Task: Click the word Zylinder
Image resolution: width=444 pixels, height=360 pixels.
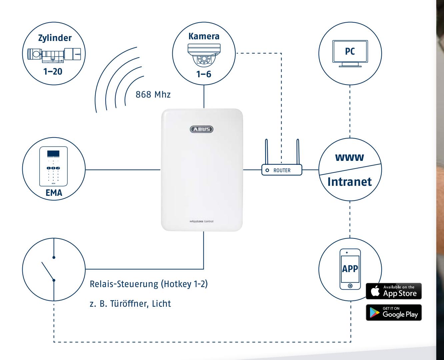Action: click(x=55, y=38)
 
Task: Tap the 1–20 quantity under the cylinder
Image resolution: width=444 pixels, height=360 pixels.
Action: click(x=53, y=71)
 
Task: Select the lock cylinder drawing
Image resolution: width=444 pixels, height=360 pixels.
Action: click(x=54, y=55)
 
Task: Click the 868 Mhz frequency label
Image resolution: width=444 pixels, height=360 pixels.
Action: click(x=153, y=95)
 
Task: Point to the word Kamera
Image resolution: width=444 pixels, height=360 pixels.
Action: click(x=204, y=36)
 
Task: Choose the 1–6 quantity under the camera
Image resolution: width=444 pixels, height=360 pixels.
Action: click(x=204, y=74)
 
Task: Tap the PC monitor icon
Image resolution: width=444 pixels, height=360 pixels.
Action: click(x=350, y=54)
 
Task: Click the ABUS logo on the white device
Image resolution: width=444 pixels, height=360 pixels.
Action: click(x=202, y=129)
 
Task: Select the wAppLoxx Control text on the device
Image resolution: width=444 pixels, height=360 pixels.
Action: click(x=201, y=221)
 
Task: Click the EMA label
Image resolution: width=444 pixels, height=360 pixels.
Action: click(x=54, y=193)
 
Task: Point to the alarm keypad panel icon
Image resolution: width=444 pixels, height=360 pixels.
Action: click(x=53, y=166)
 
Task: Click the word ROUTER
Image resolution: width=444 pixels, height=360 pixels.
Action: click(x=282, y=171)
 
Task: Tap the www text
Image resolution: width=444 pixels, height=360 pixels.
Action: click(x=350, y=157)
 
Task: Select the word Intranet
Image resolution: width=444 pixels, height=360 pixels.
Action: click(x=350, y=182)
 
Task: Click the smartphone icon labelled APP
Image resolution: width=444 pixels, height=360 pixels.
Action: click(x=350, y=269)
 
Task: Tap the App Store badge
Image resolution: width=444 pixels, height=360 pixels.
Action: click(x=394, y=291)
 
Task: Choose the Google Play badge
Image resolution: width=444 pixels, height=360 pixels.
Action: click(x=394, y=312)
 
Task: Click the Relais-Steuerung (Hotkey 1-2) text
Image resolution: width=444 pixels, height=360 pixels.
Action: click(x=149, y=284)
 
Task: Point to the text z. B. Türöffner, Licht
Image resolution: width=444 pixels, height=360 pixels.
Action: click(x=130, y=304)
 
